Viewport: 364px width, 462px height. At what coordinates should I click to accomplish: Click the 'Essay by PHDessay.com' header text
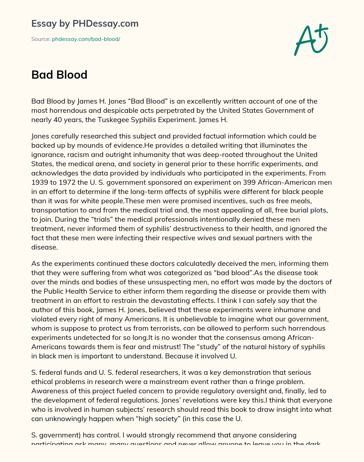85,24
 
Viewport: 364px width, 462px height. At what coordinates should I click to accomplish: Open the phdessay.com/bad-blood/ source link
86,39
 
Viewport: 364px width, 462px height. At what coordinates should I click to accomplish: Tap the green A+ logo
311,40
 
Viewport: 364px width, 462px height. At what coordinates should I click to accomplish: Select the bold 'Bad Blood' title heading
59,75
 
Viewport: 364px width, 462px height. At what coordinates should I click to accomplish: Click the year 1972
69,182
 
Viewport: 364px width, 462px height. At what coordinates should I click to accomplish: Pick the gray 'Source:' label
41,39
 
